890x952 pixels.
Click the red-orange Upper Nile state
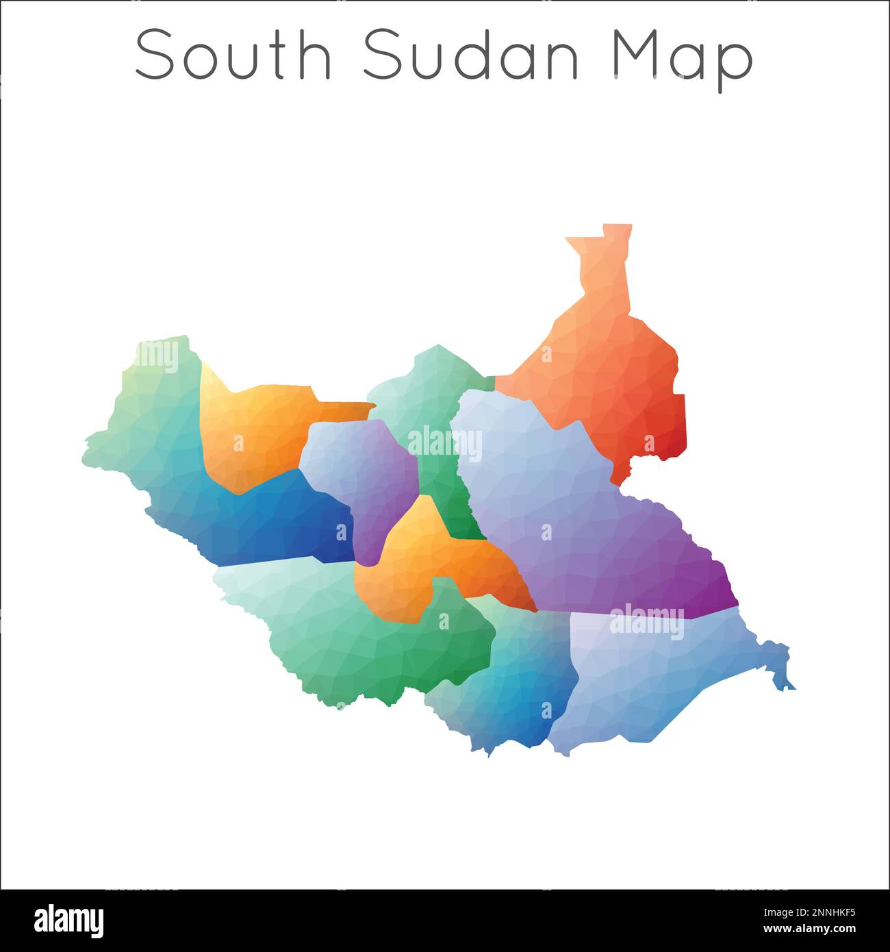[x=609, y=384]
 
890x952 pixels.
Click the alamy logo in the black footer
[x=68, y=921]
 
